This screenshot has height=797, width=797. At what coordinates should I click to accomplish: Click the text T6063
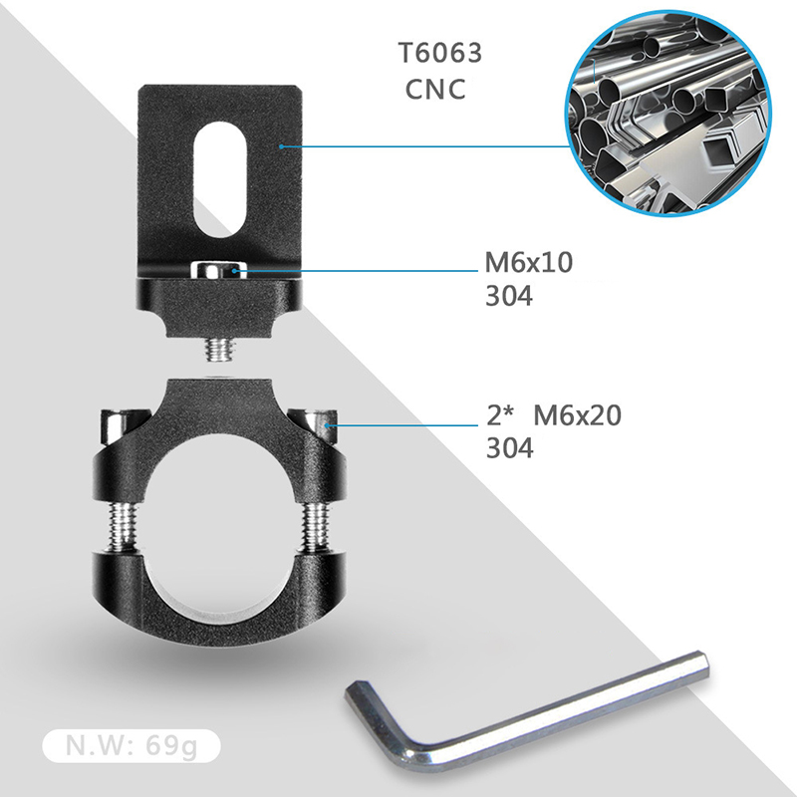click(x=440, y=53)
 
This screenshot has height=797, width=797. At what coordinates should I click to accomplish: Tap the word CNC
click(x=435, y=90)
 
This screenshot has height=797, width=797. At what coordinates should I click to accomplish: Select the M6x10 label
click(x=529, y=263)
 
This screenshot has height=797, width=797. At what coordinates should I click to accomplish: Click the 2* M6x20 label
click(x=554, y=415)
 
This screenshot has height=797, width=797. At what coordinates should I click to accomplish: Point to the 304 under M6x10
click(x=509, y=296)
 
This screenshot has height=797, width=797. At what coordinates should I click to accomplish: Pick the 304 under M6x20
click(x=510, y=448)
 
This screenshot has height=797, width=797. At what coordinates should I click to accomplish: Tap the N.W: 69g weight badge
click(x=132, y=745)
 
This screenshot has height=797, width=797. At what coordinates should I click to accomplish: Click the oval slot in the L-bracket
click(x=220, y=179)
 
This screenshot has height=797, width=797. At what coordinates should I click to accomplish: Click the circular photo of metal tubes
click(x=668, y=113)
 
